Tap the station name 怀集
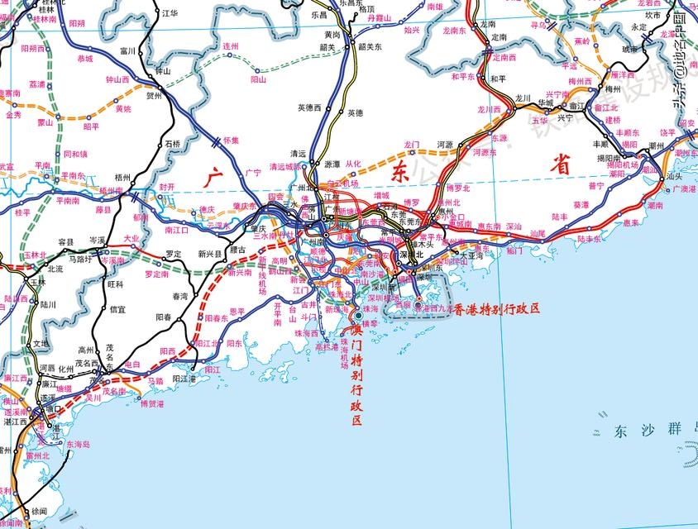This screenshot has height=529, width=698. (x=231, y=140)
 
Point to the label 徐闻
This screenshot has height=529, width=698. (x=39, y=511)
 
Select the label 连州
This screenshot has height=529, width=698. (x=231, y=46)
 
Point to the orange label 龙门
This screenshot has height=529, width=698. (x=413, y=145)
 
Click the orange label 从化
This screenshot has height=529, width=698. (x=353, y=164)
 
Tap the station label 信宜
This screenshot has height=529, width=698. (x=118, y=309)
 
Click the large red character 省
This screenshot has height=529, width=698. (x=563, y=165)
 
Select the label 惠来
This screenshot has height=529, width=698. (x=631, y=222)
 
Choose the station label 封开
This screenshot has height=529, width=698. (x=167, y=187)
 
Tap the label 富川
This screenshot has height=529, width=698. (x=127, y=50)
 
